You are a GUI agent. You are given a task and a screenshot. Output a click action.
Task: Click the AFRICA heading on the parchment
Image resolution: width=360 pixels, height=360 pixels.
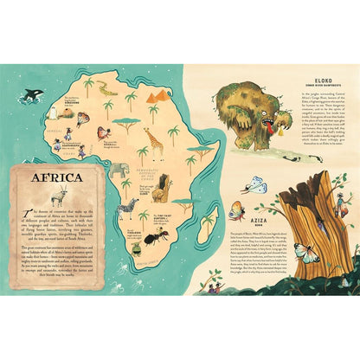pyautogui.click(x=58, y=180)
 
